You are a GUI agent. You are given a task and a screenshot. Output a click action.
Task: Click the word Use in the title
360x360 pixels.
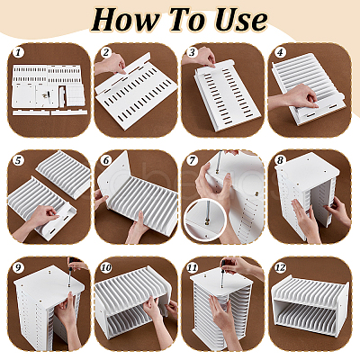pyautogui.click(x=241, y=20)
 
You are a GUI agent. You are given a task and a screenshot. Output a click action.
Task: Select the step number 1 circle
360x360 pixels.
pyautogui.click(x=18, y=53)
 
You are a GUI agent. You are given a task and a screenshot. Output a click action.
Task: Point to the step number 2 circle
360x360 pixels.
pyautogui.click(x=105, y=53)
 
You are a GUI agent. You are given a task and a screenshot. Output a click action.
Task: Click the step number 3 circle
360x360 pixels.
pyautogui.click(x=192, y=53)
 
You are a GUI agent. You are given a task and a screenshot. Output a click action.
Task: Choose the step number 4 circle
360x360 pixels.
pyautogui.click(x=280, y=53)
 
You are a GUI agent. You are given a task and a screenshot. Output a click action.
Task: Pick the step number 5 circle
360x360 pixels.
pyautogui.click(x=18, y=160)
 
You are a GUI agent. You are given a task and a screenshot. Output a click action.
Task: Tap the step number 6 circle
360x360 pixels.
pyautogui.click(x=105, y=160)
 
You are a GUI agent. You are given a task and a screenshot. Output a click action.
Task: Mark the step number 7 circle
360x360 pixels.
pyautogui.click(x=192, y=160)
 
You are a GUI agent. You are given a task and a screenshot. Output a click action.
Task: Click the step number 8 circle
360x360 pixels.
pyautogui.click(x=280, y=160)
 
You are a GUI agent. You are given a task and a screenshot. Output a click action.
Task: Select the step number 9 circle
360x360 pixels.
pyautogui.click(x=18, y=267)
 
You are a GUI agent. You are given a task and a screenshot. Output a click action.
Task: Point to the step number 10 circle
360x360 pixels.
pyautogui.click(x=106, y=267)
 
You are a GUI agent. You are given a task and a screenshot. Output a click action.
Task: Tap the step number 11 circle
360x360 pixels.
pyautogui.click(x=193, y=267)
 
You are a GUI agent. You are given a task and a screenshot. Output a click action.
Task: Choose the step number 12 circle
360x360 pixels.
pyautogui.click(x=280, y=267)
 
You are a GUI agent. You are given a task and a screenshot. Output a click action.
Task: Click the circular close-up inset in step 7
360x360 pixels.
pyautogui.click(x=205, y=220)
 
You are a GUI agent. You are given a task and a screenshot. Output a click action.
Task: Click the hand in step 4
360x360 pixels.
pyautogui.click(x=295, y=97)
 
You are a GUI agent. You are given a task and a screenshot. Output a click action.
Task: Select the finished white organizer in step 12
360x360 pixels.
pyautogui.click(x=310, y=305)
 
